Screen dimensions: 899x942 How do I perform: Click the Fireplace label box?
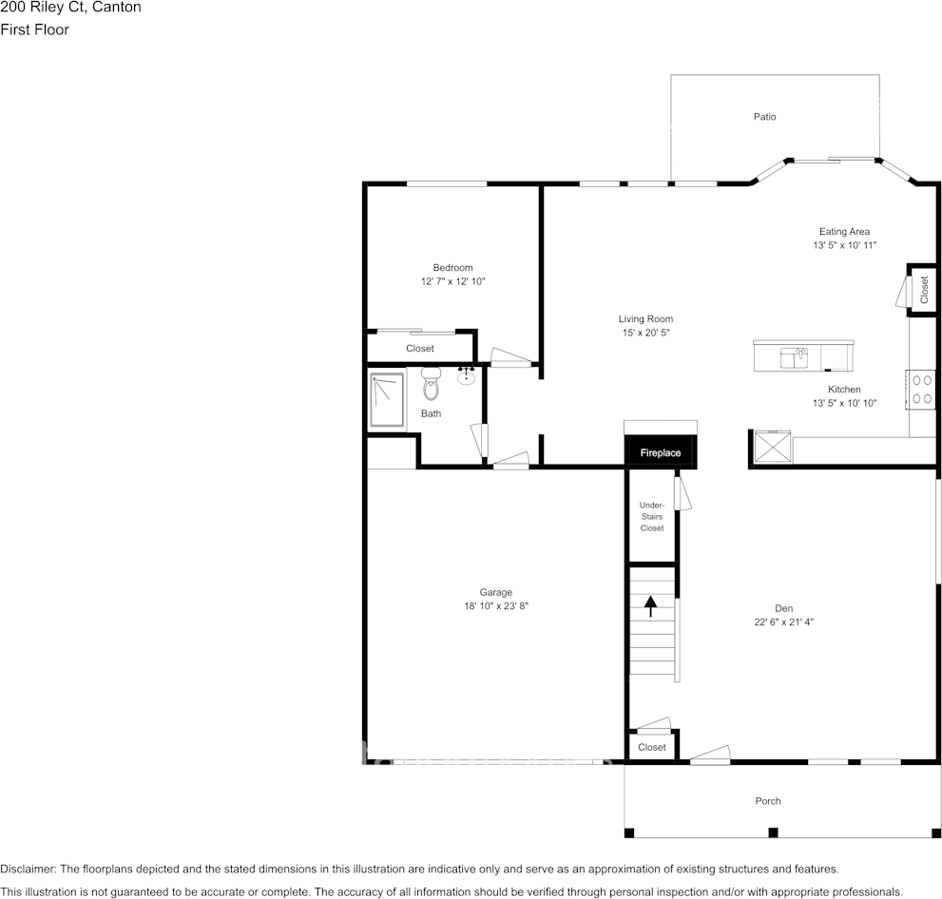pyautogui.click(x=661, y=453)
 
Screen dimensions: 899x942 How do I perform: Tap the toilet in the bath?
pyautogui.click(x=431, y=387)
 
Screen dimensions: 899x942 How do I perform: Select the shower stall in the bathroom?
pyautogui.click(x=387, y=402)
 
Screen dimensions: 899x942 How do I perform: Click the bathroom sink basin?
pyautogui.click(x=467, y=378)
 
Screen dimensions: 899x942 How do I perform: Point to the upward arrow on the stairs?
pyautogui.click(x=651, y=605)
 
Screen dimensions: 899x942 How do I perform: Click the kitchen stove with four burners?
pyautogui.click(x=921, y=389)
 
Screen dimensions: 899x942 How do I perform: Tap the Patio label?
pyautogui.click(x=764, y=117)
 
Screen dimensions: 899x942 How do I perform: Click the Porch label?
pyautogui.click(x=768, y=801)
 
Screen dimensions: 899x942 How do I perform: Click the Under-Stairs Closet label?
pyautogui.click(x=651, y=516)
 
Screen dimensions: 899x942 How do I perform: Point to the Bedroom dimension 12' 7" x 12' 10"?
pyautogui.click(x=452, y=281)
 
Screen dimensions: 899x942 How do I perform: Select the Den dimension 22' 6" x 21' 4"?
pyautogui.click(x=783, y=622)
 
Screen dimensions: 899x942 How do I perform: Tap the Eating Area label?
pyautogui.click(x=844, y=231)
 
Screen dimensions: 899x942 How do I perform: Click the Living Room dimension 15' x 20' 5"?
pyautogui.click(x=646, y=333)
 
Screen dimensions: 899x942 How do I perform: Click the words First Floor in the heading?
pyautogui.click(x=35, y=29)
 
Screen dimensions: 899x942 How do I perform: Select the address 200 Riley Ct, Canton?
pyautogui.click(x=71, y=8)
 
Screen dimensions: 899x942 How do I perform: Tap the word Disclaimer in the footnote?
pyautogui.click(x=29, y=869)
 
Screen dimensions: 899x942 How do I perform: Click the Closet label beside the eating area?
pyautogui.click(x=923, y=289)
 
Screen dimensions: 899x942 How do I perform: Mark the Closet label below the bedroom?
pyautogui.click(x=419, y=349)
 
